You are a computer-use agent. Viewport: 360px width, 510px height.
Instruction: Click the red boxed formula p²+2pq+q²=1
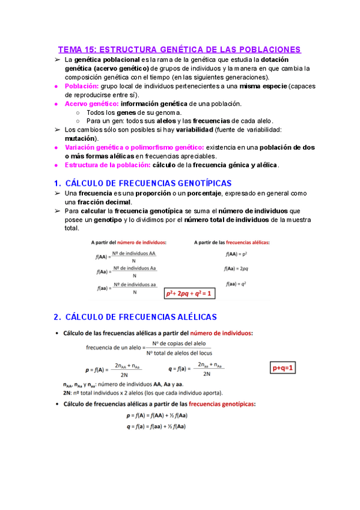[x=189, y=293]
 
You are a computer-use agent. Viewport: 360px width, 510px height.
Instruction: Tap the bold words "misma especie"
[x=263, y=86]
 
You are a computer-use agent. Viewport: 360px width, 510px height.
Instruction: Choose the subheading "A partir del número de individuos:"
[x=129, y=242]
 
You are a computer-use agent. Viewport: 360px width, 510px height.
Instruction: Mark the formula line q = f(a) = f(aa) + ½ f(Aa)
[x=156, y=426]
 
